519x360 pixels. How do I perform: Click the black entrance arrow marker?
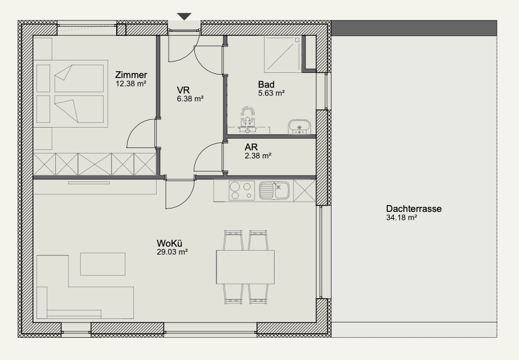[x=185, y=17]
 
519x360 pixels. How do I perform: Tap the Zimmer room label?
[x=131, y=75]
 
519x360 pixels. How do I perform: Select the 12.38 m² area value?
[x=131, y=84]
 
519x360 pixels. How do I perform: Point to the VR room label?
[x=183, y=90]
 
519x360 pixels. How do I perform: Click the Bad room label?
[x=266, y=84]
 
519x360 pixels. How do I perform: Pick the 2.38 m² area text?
[x=258, y=156]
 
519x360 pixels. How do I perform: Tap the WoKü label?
[x=169, y=244]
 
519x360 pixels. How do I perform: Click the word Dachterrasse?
[x=414, y=209]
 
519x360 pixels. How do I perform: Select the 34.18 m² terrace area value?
[x=402, y=218]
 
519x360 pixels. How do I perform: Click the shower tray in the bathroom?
[x=283, y=54]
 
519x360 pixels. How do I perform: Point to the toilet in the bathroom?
[x=248, y=119]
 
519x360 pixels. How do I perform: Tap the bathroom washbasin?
[x=299, y=127]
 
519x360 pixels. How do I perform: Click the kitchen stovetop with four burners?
[x=242, y=191]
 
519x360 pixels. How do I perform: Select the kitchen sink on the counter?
[x=274, y=190]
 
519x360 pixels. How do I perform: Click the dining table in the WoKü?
[x=246, y=267]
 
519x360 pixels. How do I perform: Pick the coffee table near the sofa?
[x=103, y=264]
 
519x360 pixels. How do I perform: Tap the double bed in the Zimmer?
[x=71, y=93]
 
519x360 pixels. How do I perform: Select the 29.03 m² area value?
[x=173, y=252]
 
